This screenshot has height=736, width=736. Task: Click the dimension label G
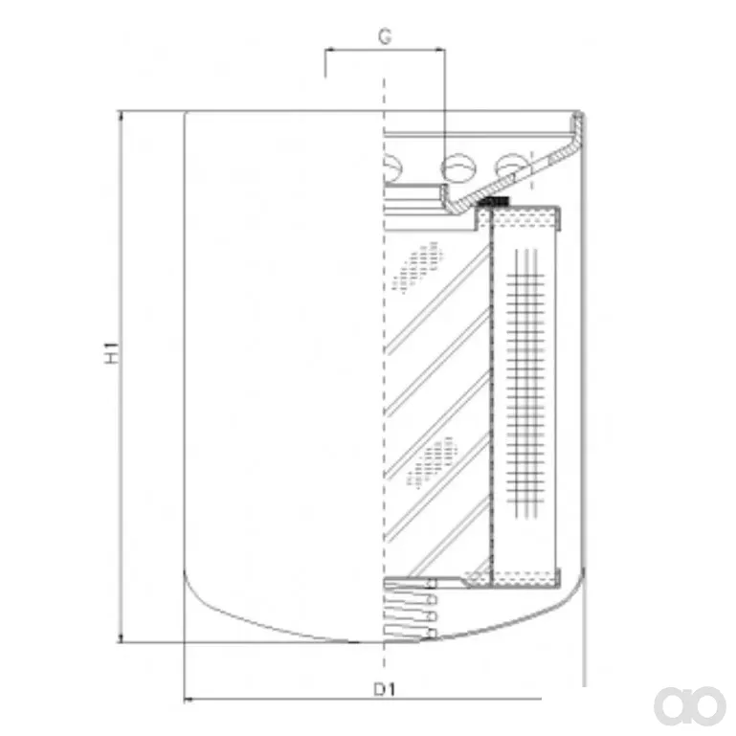click(x=385, y=36)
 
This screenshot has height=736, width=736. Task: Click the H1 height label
click(x=112, y=353)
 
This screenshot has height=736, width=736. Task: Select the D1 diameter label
click(x=385, y=689)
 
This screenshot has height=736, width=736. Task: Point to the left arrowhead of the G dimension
click(x=329, y=49)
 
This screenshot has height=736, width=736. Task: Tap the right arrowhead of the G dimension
click(x=440, y=49)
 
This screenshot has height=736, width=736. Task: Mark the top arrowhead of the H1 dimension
click(x=122, y=116)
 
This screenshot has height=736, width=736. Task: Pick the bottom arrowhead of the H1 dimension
click(x=122, y=637)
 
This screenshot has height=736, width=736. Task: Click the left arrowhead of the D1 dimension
click(x=189, y=699)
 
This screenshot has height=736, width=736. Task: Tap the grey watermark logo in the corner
click(x=690, y=705)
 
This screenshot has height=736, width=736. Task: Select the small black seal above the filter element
click(x=494, y=202)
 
